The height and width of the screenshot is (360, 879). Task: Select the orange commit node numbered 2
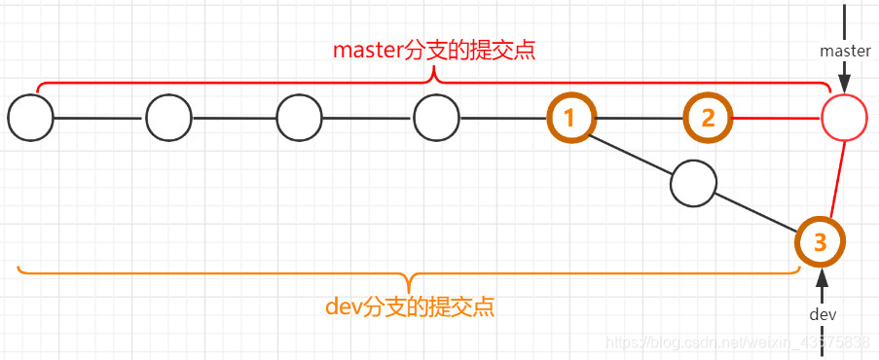click(x=708, y=119)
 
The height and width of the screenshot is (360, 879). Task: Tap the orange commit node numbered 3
click(x=820, y=241)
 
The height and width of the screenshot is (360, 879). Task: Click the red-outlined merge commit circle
click(x=844, y=119)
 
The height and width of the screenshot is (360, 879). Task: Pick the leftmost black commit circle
click(x=30, y=119)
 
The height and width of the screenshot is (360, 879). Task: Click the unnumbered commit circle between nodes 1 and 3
click(x=694, y=183)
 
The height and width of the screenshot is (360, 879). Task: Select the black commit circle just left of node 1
click(x=436, y=119)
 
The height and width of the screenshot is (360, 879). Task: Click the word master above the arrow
click(x=845, y=50)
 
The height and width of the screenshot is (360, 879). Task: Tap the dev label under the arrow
click(x=823, y=314)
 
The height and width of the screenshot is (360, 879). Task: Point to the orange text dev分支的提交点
click(x=409, y=307)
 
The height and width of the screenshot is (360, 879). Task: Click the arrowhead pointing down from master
click(x=845, y=80)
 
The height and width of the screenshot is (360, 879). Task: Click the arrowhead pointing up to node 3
click(x=822, y=278)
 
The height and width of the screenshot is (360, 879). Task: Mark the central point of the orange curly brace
click(x=414, y=280)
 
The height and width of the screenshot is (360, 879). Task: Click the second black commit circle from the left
click(x=169, y=119)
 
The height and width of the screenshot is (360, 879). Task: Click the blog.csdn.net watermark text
click(x=737, y=342)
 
